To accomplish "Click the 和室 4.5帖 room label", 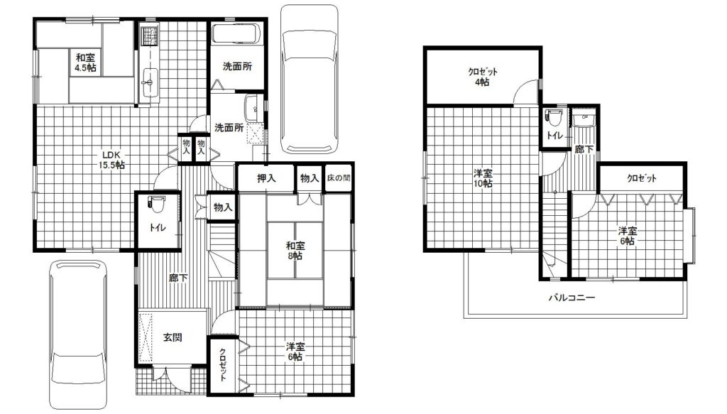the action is (x=86, y=62).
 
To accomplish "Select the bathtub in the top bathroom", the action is (x=236, y=33).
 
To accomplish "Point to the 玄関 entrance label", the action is (x=173, y=337).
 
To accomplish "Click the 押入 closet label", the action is (x=266, y=178).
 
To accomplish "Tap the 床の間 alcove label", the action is (x=339, y=178).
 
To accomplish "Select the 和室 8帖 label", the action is (x=295, y=251).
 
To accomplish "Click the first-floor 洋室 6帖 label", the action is (x=295, y=352).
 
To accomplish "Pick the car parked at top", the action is (x=310, y=79).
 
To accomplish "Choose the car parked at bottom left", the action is (x=78, y=334).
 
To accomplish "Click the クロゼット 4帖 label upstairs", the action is (x=482, y=77).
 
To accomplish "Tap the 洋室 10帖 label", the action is (x=483, y=178).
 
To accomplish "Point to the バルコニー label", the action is (x=572, y=298).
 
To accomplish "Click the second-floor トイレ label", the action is (x=554, y=136).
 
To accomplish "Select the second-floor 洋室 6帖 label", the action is (x=627, y=236).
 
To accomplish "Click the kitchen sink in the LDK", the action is (x=150, y=82).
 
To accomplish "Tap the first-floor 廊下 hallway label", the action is (x=178, y=278).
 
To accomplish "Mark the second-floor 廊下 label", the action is (x=584, y=149).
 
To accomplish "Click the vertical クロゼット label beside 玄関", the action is (x=222, y=364).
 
